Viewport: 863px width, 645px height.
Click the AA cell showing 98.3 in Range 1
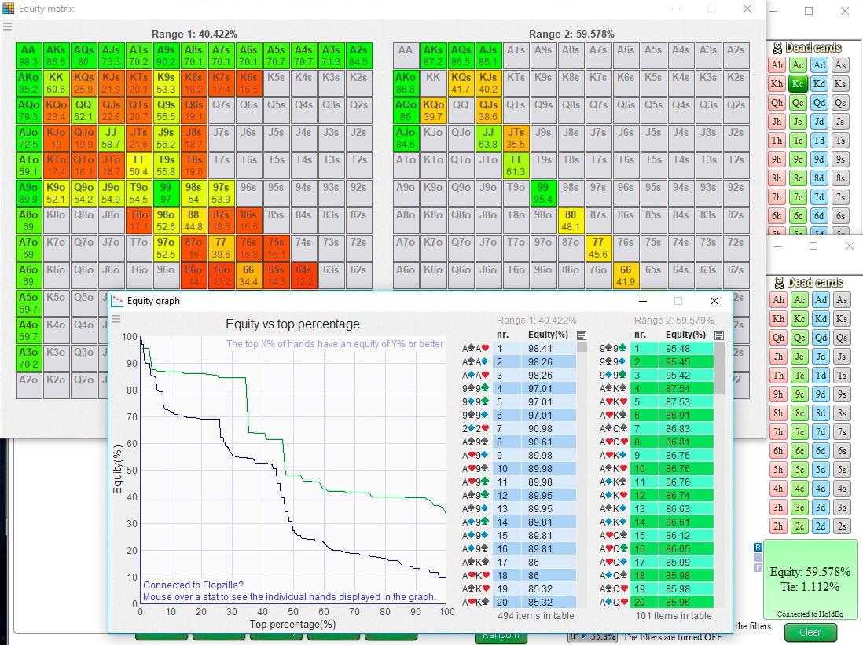click(x=28, y=55)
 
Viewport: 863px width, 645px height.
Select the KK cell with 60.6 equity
click(x=56, y=83)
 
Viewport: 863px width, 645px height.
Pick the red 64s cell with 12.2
click(x=303, y=276)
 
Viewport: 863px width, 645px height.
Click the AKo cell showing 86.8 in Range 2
click(x=406, y=83)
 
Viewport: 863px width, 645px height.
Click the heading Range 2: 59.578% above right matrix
click(x=571, y=35)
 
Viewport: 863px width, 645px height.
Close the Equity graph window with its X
click(x=714, y=301)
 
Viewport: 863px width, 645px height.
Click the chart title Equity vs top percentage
click(x=292, y=324)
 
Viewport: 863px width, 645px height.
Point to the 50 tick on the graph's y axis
click(x=131, y=471)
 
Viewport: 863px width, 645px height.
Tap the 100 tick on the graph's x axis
click(x=446, y=612)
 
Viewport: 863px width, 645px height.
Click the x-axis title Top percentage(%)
click(x=292, y=624)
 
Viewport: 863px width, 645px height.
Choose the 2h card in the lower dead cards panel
click(x=777, y=526)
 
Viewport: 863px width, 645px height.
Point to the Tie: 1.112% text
click(x=810, y=586)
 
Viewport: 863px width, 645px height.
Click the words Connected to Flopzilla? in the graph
click(x=193, y=585)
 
